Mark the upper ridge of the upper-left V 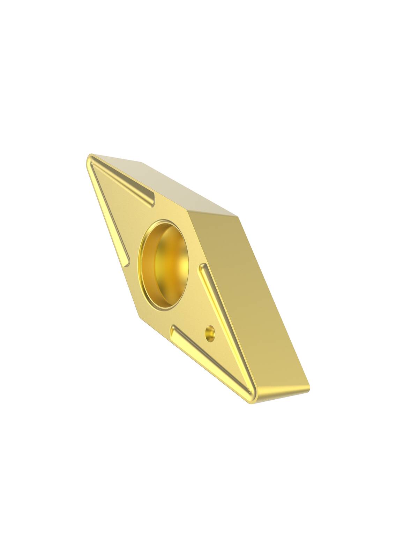[x=122, y=181]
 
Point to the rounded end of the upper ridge [x=151, y=202]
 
